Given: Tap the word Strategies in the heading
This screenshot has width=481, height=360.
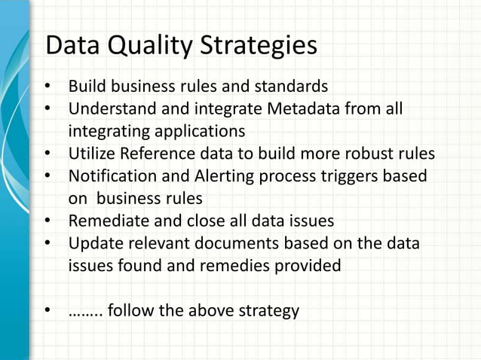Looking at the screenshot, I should [x=259, y=46].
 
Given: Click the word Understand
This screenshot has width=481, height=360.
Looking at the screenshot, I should [x=109, y=110].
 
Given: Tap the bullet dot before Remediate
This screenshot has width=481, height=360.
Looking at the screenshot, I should [x=47, y=222].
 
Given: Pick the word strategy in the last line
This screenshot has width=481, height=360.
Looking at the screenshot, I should [x=268, y=310].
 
